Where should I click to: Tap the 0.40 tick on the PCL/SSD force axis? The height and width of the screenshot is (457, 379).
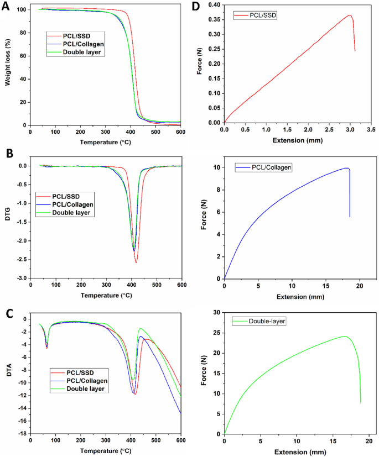[x=213, y=5]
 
